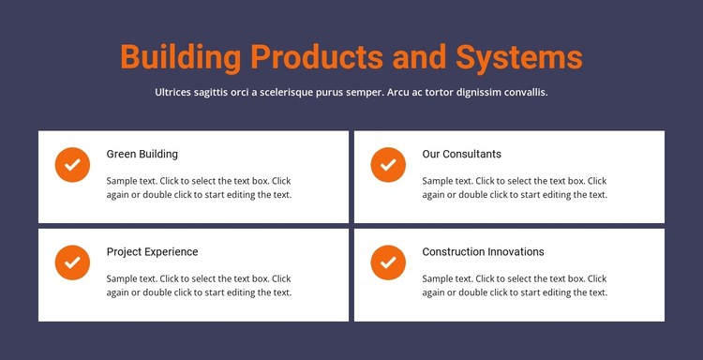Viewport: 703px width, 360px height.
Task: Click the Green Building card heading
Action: click(x=142, y=154)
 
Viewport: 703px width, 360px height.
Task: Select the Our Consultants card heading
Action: click(x=461, y=154)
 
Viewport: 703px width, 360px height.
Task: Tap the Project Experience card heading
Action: click(x=152, y=252)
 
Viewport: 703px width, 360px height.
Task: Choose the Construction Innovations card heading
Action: click(x=483, y=252)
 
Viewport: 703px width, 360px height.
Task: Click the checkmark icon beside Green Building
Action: click(x=72, y=164)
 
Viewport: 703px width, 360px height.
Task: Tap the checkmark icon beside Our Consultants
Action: click(x=388, y=164)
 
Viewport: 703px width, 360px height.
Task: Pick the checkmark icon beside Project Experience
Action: click(x=72, y=262)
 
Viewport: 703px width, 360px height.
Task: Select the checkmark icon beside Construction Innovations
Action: click(x=388, y=262)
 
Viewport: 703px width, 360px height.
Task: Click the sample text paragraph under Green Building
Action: click(x=199, y=187)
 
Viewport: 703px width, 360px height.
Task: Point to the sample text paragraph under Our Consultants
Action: click(x=515, y=187)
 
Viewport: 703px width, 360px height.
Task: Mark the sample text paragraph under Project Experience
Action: click(x=199, y=286)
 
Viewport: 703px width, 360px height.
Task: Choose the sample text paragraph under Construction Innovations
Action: click(x=515, y=286)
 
